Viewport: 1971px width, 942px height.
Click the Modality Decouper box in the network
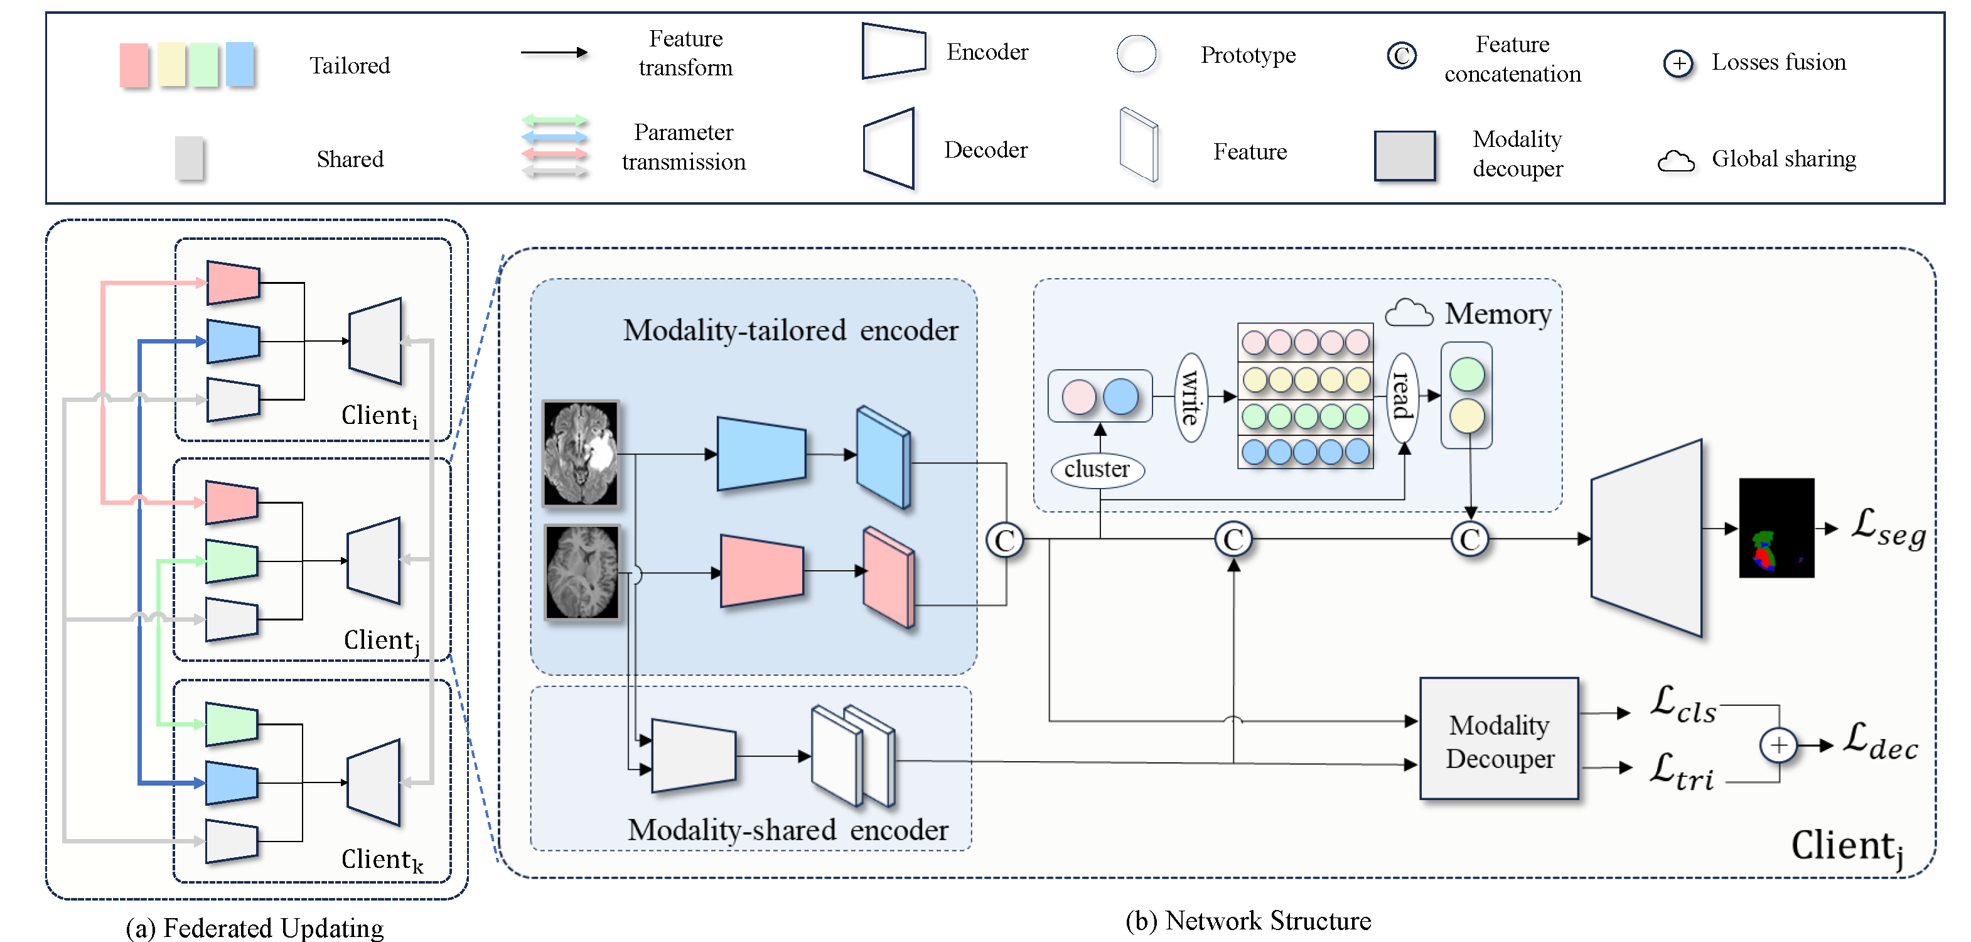pos(1499,739)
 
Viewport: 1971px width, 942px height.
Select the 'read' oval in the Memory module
pos(1402,396)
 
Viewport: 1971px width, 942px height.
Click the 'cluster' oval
pos(1097,469)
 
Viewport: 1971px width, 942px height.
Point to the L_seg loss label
pos(1888,529)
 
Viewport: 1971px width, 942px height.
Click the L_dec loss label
pos(1880,742)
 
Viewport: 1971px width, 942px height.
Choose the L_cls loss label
pos(1682,704)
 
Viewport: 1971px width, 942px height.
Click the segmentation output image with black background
pos(1776,528)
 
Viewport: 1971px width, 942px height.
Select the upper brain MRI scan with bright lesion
pos(581,453)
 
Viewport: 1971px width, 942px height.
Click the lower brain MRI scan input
pos(581,571)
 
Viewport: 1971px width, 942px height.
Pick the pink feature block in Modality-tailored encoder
pos(888,577)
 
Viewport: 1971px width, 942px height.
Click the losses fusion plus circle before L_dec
pos(1778,745)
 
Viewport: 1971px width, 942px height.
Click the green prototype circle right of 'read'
pos(1467,375)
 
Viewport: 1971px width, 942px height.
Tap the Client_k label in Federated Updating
pos(381,860)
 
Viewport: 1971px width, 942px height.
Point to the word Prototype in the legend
pos(1247,55)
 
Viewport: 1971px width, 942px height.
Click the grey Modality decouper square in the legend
pos(1404,155)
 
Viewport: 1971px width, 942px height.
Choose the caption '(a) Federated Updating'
pos(254,928)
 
